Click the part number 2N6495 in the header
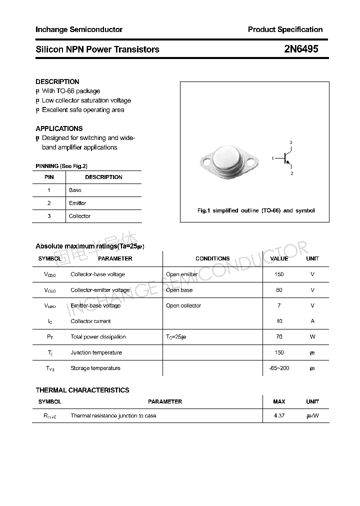tap(301, 49)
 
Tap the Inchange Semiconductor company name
tap(79, 29)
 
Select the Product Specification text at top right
tap(285, 29)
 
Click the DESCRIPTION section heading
tap(57, 81)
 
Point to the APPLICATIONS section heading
tap(59, 128)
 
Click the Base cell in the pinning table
tap(75, 190)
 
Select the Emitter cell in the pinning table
tap(77, 203)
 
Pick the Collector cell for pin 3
tap(79, 216)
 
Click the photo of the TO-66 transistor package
tap(228, 159)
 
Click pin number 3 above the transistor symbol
tap(291, 143)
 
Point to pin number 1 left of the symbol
tap(273, 158)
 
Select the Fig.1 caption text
tap(256, 210)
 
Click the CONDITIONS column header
tap(212, 258)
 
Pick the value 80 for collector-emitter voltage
tap(279, 290)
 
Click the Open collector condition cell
tap(183, 305)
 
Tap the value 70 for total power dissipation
tap(279, 337)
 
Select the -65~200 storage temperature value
tap(279, 368)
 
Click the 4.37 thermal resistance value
tap(279, 415)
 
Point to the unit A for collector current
tap(312, 321)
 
